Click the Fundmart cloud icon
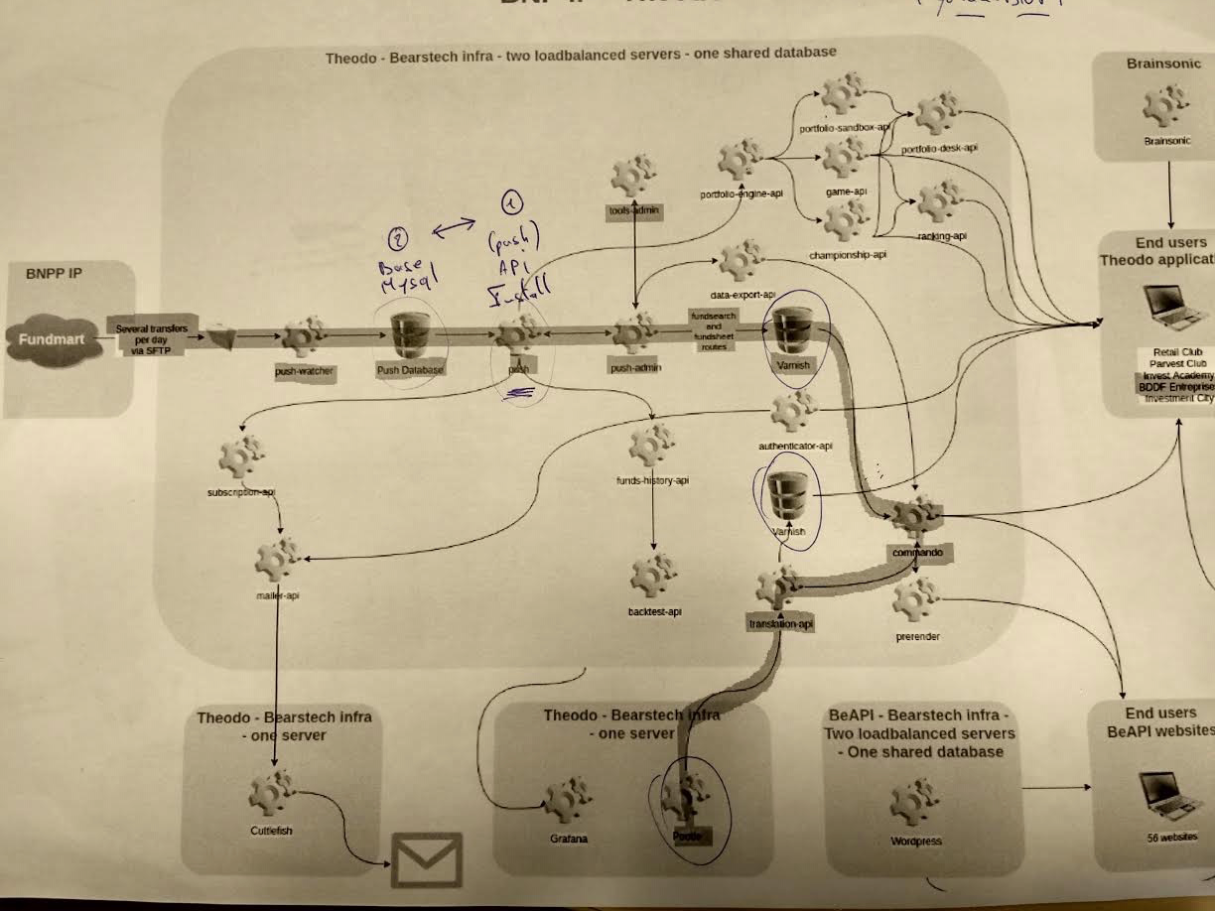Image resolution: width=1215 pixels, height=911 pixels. [55, 340]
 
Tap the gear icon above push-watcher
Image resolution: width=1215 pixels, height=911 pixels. [303, 335]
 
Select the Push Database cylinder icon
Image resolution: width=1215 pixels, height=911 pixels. [408, 335]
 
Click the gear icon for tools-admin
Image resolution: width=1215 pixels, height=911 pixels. [632, 177]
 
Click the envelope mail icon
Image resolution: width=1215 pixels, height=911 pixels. [427, 858]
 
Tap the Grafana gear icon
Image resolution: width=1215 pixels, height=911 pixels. [568, 800]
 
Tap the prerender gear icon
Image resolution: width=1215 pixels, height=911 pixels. [915, 597]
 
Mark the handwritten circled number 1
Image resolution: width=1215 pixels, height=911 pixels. [511, 203]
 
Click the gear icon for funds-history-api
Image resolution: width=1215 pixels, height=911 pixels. [652, 444]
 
